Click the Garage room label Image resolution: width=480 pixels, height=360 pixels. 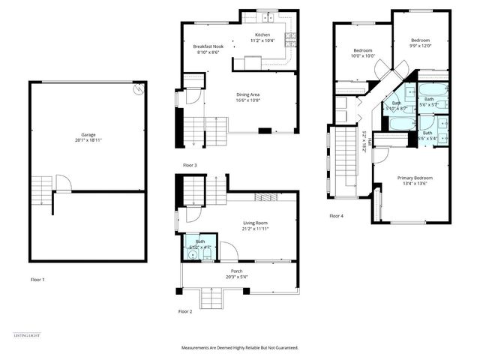pyautogui.click(x=88, y=134)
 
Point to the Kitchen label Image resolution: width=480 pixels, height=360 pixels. pyautogui.click(x=262, y=35)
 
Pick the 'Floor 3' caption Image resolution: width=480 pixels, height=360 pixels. pyautogui.click(x=190, y=165)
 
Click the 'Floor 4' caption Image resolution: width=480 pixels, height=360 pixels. pyautogui.click(x=337, y=216)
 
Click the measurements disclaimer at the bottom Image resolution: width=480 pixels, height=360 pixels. pyautogui.click(x=239, y=348)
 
